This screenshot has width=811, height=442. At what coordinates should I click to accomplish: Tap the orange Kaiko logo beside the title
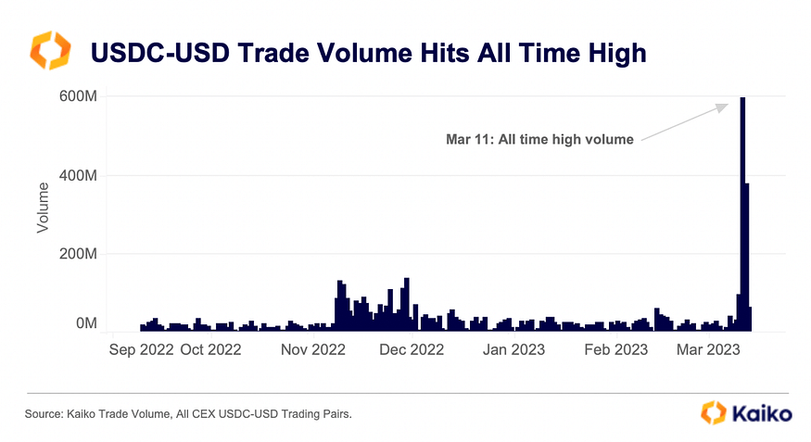(x=50, y=51)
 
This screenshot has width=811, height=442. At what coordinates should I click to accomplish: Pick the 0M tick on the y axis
(x=86, y=323)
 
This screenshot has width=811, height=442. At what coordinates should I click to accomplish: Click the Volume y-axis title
(x=43, y=208)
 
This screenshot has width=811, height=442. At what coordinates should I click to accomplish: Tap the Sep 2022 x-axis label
(x=142, y=350)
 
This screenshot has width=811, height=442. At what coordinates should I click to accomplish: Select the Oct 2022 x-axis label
(x=210, y=350)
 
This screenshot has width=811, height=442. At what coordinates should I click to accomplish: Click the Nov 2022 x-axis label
(x=313, y=350)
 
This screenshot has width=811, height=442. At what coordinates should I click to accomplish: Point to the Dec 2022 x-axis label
(x=412, y=350)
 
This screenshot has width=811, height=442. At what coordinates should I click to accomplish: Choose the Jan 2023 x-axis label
(x=513, y=350)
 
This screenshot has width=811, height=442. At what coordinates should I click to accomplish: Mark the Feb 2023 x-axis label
(x=616, y=350)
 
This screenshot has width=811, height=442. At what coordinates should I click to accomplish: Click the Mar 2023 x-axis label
(x=708, y=350)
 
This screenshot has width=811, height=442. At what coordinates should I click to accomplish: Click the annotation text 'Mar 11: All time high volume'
(x=539, y=140)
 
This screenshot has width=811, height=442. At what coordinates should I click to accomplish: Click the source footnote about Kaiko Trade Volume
(x=188, y=414)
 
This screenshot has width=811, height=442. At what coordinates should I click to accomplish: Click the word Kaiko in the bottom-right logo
(x=763, y=413)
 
